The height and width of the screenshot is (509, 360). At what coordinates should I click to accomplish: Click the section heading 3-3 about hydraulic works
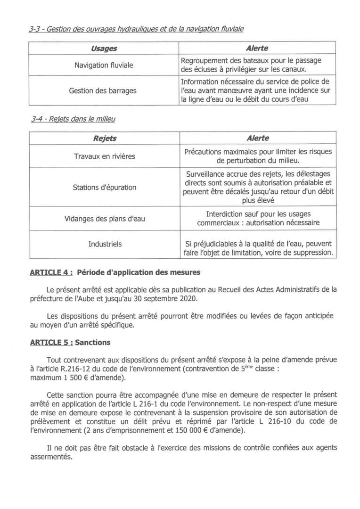[x=136, y=29]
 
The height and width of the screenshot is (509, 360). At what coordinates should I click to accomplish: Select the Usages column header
[x=104, y=49]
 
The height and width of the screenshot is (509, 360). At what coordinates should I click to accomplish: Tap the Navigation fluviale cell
[x=104, y=65]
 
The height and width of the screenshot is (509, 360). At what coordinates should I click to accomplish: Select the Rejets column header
[x=104, y=138]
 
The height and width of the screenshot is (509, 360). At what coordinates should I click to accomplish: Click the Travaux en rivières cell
[x=104, y=156]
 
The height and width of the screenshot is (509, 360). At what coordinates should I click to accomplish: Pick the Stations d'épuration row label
[x=104, y=187]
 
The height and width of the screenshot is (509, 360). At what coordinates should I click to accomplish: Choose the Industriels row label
[x=105, y=244]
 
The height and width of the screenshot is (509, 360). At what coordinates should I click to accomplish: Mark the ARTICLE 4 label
[x=51, y=272]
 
